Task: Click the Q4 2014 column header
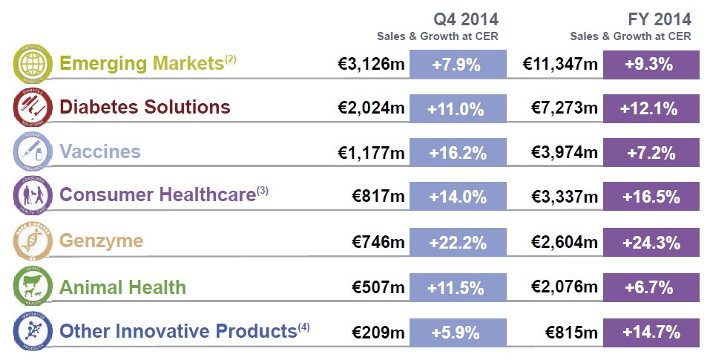[466, 19]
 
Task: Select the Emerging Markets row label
[141, 63]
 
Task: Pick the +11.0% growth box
[456, 109]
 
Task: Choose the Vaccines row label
[100, 151]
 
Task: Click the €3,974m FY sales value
[564, 154]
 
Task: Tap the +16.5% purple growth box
[651, 197]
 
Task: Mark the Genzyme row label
[101, 241]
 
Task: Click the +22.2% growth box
[456, 242]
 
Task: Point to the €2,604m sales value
[564, 242]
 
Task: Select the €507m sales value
[378, 287]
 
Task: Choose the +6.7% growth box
[651, 287]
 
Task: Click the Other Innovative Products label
[178, 330]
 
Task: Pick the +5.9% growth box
[456, 331]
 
